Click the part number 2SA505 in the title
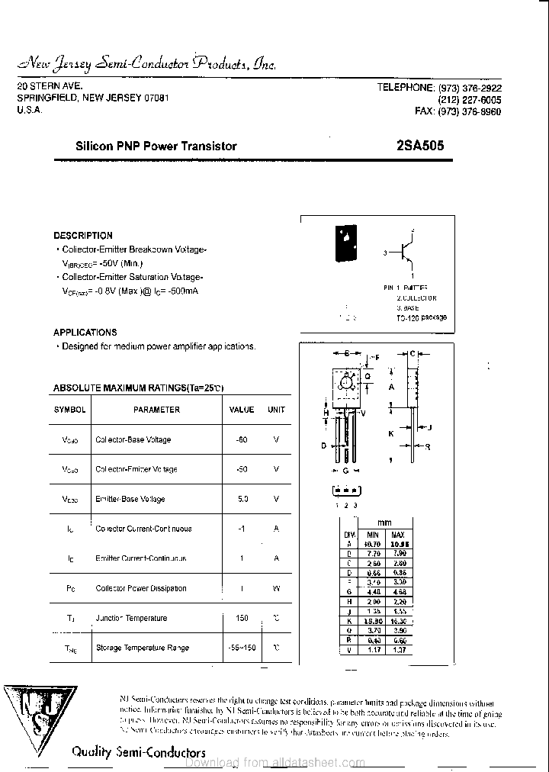pos(421,146)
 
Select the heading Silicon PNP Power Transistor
pos(156,146)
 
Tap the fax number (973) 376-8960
pos(470,111)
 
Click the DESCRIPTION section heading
pos(83,236)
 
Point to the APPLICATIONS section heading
pos(85,333)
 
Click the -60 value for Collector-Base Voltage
pos(242,439)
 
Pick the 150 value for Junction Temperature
pos(242,618)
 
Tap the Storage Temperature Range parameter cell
pos(142,648)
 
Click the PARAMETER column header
pos(156,410)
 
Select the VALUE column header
pos(242,410)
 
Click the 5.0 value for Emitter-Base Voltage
pos(242,499)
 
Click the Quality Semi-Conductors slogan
pos(138,751)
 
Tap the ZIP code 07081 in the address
pos(155,98)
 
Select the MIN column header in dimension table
pos(372,535)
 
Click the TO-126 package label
pos(422,317)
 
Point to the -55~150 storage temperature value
pos(242,648)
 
